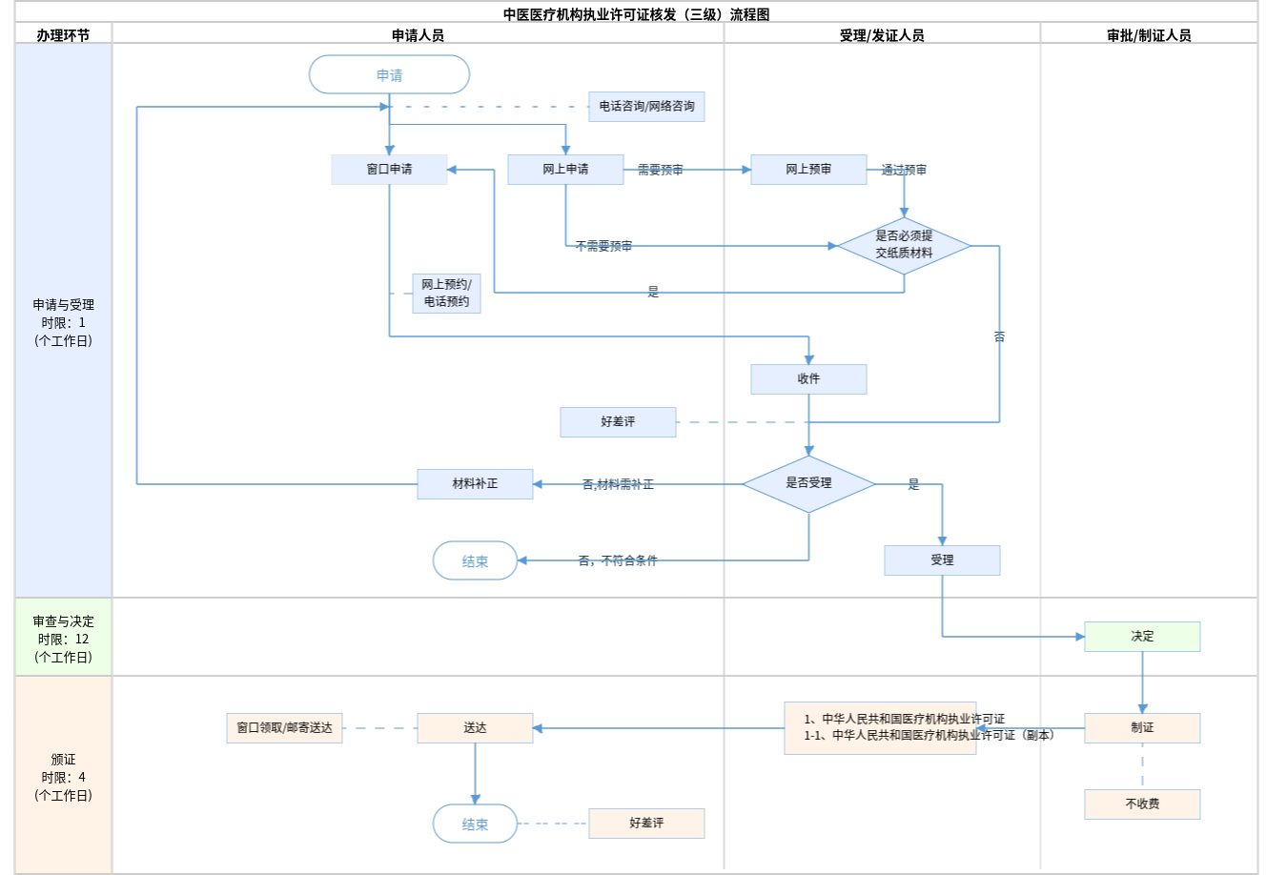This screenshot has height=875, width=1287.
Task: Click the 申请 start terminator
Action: tap(389, 74)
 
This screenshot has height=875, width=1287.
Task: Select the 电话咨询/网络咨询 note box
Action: tap(646, 107)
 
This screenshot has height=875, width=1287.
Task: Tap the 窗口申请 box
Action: tap(389, 170)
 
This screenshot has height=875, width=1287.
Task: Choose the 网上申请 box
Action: tap(565, 170)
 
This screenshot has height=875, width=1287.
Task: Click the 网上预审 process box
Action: tap(808, 170)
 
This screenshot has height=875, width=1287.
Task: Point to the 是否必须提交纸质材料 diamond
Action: tap(904, 245)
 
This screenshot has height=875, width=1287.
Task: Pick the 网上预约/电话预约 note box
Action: tap(446, 294)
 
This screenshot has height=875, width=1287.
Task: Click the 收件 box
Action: tap(808, 379)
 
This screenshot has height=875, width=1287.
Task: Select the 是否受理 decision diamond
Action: tap(808, 483)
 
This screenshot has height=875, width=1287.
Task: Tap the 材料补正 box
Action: tap(475, 484)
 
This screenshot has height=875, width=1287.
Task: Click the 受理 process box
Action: tap(942, 560)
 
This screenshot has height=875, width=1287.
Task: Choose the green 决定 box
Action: tap(1142, 637)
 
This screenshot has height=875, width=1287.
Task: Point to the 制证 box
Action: tap(1142, 728)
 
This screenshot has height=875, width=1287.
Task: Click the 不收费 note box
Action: tap(1142, 804)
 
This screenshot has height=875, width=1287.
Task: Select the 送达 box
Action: tap(475, 728)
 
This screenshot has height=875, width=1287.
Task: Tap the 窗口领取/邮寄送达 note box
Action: tap(284, 728)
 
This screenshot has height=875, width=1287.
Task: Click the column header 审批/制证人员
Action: tap(1149, 35)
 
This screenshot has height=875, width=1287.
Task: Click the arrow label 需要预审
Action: tap(660, 170)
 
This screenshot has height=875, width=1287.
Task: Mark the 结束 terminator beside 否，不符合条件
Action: tap(475, 561)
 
